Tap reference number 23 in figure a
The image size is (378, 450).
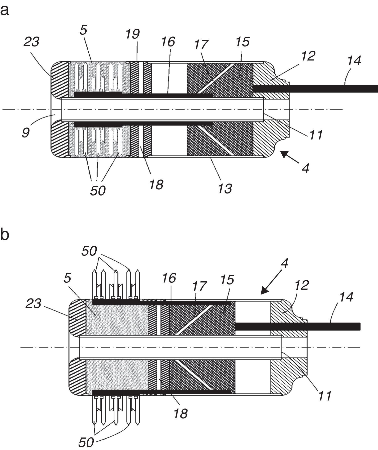[x=32, y=42]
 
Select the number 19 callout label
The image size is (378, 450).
[x=132, y=34]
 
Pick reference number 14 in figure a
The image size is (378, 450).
[x=354, y=61]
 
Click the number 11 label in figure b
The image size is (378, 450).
[x=324, y=395]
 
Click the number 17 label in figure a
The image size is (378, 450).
[x=201, y=45]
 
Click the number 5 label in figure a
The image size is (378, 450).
[x=83, y=30]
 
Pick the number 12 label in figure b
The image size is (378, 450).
[x=302, y=285]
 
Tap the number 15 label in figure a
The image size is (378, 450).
[x=242, y=41]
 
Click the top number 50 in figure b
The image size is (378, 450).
[x=89, y=252]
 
